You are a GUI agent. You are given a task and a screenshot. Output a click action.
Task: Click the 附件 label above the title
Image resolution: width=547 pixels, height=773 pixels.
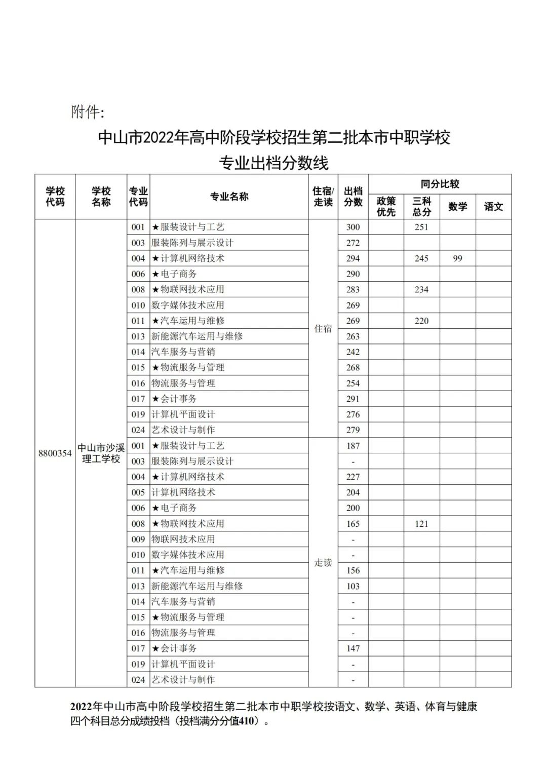(87, 112)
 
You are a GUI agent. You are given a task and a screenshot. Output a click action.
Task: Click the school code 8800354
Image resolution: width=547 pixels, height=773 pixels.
(55, 453)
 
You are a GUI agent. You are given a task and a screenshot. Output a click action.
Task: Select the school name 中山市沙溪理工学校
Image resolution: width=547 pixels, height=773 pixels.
(101, 453)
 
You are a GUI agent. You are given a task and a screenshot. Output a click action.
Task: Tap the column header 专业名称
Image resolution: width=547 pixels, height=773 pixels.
(229, 197)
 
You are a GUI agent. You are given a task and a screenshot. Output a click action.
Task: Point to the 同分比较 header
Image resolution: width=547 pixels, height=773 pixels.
(440, 184)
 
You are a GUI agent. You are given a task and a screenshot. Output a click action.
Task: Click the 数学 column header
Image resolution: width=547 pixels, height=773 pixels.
(457, 207)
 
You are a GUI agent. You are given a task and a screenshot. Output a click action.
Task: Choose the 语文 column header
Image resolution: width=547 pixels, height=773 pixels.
(493, 207)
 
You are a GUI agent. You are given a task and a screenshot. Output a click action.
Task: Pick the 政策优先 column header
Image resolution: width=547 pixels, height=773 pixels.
(386, 207)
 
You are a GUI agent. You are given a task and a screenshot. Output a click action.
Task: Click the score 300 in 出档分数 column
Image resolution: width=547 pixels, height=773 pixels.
(353, 227)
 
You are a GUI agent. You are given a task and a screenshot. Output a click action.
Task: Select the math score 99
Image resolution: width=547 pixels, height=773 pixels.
(457, 258)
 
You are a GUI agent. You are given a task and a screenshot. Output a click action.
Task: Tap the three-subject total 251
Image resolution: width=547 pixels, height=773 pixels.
(421, 227)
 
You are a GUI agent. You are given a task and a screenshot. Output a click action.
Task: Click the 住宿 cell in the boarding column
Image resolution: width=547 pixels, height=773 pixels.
(323, 329)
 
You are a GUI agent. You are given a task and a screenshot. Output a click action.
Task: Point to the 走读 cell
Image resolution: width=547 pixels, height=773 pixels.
(323, 563)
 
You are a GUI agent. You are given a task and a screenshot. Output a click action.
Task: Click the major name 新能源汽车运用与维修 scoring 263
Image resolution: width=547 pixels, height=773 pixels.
(197, 336)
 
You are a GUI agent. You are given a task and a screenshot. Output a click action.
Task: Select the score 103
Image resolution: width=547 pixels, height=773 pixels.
(353, 586)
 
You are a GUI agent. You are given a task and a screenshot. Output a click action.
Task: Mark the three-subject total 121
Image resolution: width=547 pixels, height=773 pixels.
(421, 524)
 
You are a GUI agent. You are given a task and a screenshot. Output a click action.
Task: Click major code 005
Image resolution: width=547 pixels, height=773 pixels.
(138, 492)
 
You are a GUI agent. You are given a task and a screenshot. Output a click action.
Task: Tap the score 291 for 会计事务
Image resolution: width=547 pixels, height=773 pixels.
(353, 399)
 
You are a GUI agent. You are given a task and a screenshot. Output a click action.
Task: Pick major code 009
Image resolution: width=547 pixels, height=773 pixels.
(138, 539)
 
